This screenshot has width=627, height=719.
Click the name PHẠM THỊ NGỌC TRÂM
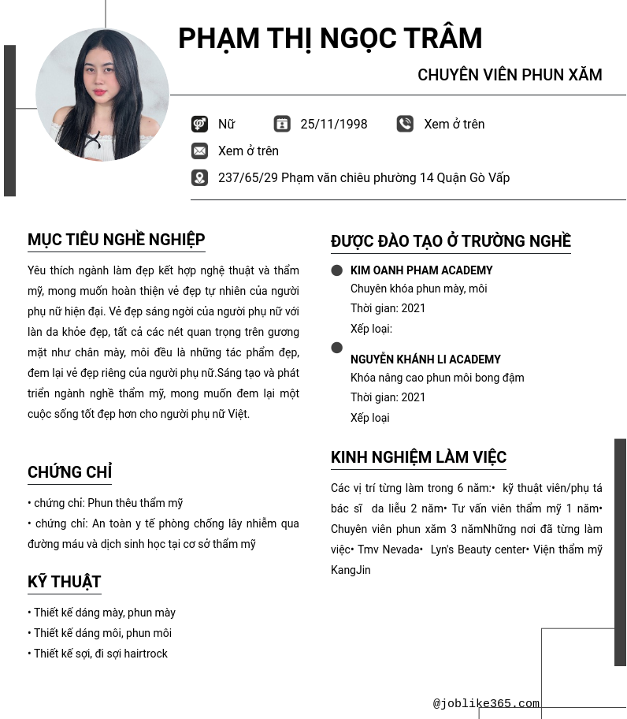point(329,39)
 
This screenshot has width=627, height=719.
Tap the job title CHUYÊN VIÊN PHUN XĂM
point(510,75)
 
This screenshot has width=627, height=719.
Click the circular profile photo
point(102,95)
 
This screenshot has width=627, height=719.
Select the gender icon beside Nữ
point(199,124)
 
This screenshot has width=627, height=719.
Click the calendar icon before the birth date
point(282,124)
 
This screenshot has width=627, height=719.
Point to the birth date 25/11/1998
point(334,124)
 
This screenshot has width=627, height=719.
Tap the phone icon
point(405,124)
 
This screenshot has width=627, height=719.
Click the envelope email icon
point(199,151)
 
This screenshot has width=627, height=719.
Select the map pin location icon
point(199,177)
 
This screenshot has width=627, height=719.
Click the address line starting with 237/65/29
point(364,177)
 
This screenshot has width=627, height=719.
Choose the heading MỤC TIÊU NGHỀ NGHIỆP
point(117,240)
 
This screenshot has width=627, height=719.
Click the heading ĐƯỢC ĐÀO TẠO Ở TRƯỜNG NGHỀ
point(451,241)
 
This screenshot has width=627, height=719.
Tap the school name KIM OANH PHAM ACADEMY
point(421,270)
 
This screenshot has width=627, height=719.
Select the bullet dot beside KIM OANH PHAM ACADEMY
point(337,270)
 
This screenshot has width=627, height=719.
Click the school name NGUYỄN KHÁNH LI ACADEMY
point(425,359)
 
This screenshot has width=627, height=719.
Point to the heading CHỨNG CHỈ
point(69,472)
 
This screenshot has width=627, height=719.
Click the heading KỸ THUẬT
point(65,582)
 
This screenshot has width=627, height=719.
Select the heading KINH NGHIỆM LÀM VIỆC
point(418,457)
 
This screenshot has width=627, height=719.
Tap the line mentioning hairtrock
point(98,654)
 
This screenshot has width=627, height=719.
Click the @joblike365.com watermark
point(486,703)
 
